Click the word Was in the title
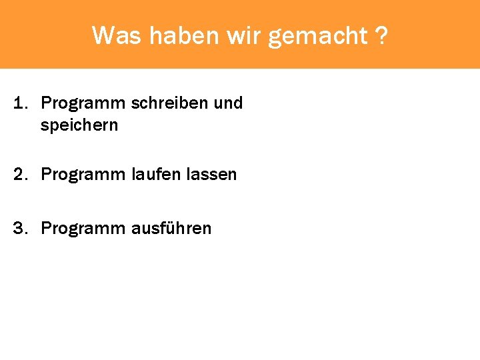point(117,35)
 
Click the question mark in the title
point(381,35)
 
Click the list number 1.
point(21,103)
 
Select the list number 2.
point(21,175)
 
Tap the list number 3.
point(21,229)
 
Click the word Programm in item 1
point(83,104)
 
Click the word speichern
point(79,125)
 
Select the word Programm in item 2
point(83,175)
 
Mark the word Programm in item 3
point(83,229)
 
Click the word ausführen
point(171,229)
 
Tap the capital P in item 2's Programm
point(45,175)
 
